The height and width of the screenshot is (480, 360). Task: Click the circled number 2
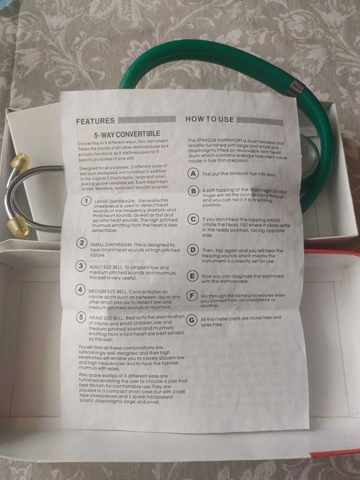82,243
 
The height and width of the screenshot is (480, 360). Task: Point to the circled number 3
82,265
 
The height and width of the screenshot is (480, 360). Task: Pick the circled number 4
81,290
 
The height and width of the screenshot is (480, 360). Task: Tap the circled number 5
81,318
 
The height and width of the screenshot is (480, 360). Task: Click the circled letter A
194,174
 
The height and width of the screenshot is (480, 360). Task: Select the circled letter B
194,191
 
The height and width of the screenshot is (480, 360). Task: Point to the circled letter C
194,219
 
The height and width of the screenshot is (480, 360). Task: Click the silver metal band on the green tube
295,87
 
